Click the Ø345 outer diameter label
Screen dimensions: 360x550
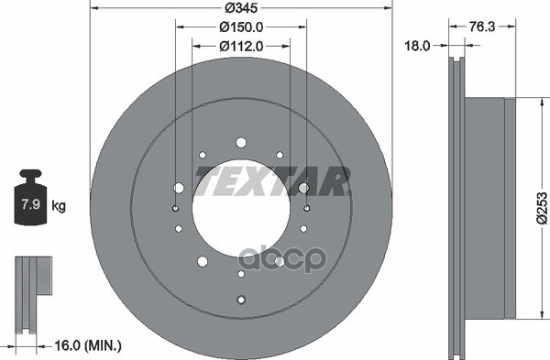click(x=241, y=9)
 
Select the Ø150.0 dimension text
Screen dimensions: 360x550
click(x=241, y=27)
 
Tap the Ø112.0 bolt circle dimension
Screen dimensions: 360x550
click(x=241, y=45)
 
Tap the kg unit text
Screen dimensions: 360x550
click(x=59, y=207)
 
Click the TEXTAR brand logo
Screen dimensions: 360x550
click(x=272, y=181)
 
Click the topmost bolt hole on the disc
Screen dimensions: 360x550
click(x=241, y=143)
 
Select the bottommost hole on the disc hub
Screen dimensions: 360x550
click(x=241, y=300)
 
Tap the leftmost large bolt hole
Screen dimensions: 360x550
click(x=178, y=188)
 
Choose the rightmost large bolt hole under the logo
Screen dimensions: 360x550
click(x=303, y=188)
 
